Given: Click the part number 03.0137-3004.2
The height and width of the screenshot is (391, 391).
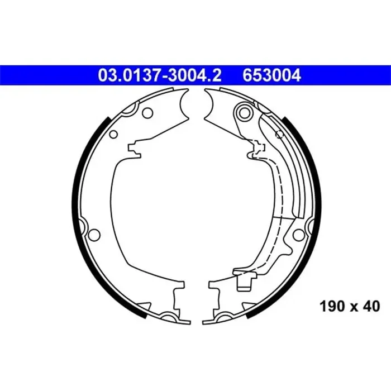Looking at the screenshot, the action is tap(160, 75).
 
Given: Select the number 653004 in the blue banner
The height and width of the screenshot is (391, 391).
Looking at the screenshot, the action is tap(272, 75).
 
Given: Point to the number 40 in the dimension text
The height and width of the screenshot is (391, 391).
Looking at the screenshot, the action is tap(371, 306).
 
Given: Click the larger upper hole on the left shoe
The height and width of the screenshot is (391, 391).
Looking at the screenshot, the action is tap(147, 113).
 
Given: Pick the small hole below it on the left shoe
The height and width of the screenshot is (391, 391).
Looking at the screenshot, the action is tap(113, 135).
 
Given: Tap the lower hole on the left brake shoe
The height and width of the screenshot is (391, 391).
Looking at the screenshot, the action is tap(94, 234).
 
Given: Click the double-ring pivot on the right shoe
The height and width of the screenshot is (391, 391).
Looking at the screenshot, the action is tap(244, 112).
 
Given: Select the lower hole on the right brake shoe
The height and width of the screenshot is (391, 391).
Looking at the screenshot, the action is tap(298, 234).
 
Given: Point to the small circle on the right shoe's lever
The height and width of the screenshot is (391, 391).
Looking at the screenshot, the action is tap(279, 135).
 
